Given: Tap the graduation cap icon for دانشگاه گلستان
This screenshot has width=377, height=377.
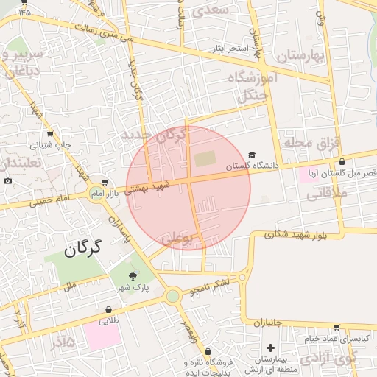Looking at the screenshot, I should [253, 155].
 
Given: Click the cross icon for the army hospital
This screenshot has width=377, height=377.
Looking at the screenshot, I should [270, 347].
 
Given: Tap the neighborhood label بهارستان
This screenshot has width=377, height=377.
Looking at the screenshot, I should [301, 56].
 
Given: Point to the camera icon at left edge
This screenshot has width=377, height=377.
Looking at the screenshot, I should [7, 181].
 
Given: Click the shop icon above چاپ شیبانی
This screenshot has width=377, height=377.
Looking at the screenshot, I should [50, 134].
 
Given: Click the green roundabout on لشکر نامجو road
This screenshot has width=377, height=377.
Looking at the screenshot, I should [172, 296].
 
